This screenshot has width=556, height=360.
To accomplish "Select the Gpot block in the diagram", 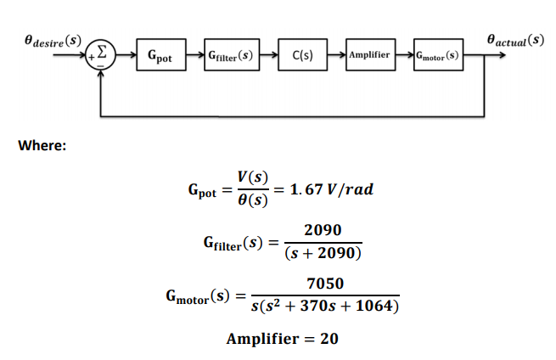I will coord(160,56).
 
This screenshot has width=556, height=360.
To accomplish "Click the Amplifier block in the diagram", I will coord(369,56).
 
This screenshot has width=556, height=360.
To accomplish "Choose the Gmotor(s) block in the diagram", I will coord(437,56).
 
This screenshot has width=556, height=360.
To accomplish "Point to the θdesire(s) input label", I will coord(53,40).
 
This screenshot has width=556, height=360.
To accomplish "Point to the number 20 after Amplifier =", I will coord(329,339).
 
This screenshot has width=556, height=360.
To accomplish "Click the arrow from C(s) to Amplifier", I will coord(334,56).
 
